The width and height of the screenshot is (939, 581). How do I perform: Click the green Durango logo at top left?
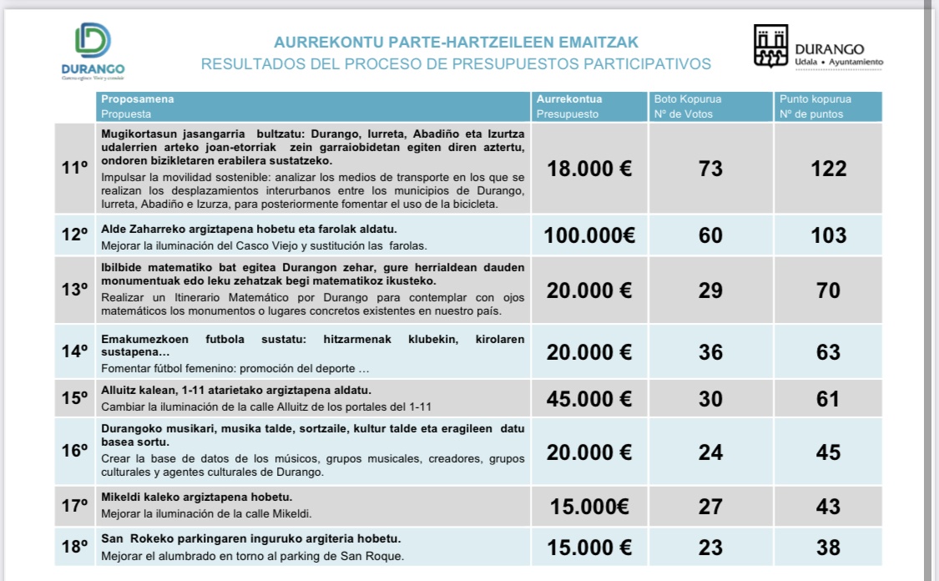93,42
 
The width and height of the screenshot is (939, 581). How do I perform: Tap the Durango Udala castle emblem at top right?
771,47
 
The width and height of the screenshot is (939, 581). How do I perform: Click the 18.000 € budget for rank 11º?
589,169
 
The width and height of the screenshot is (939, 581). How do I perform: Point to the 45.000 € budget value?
589,399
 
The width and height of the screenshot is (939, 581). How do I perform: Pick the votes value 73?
710,169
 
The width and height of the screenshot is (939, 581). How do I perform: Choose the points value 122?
828,169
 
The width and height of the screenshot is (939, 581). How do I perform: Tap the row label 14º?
74,351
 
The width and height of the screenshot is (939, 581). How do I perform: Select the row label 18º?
74,548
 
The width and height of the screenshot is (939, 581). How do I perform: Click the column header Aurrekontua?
569,99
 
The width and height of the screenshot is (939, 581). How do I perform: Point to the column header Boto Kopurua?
688,99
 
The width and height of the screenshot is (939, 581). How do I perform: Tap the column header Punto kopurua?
815,99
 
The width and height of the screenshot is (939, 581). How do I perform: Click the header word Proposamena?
138,99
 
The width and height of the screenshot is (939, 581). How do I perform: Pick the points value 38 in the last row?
828,548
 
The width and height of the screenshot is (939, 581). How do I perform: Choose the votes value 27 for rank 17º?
710,507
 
